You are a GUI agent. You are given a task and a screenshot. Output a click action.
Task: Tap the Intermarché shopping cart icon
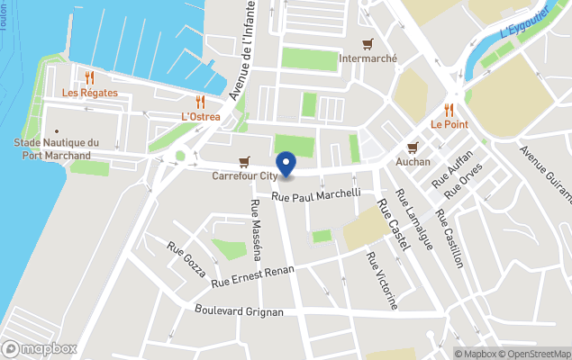(x=368, y=44)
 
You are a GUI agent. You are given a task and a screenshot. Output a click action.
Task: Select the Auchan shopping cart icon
(x=413, y=148)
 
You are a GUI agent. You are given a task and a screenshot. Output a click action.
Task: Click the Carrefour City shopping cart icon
(x=244, y=162)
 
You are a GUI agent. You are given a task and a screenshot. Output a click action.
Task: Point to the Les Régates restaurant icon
(x=89, y=78)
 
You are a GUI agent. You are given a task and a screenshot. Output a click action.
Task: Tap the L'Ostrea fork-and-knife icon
(x=200, y=103)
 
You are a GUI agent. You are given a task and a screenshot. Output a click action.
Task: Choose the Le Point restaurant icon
(x=448, y=109)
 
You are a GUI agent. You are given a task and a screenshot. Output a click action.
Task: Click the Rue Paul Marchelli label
(x=316, y=193)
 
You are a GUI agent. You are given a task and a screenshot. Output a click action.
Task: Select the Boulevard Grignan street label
(x=240, y=311)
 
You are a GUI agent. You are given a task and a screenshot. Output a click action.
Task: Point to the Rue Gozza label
(x=186, y=259)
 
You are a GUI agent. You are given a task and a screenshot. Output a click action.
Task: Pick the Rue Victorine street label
(x=382, y=280)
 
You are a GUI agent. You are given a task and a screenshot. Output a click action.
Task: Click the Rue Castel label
(x=394, y=223)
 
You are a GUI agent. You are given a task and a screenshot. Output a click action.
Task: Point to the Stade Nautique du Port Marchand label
(x=56, y=149)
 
